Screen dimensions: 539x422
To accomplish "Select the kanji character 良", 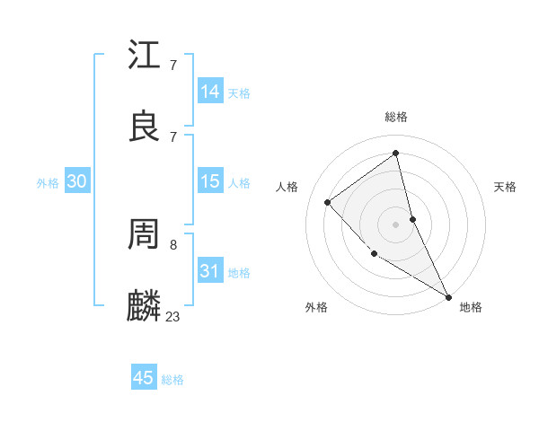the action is tap(145, 127).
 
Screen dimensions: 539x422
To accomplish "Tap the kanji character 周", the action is tap(145, 235).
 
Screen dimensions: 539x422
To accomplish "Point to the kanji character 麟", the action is tap(145, 306).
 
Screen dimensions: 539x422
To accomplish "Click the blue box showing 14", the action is tap(210, 92).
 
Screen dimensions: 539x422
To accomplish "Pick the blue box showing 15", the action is tap(210, 181).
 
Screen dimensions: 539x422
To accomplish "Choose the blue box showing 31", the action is tap(210, 271).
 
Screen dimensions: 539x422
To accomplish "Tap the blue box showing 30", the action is tap(77, 181).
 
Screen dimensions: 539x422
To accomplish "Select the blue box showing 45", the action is tap(144, 378).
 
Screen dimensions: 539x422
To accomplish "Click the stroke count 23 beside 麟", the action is tap(172, 316).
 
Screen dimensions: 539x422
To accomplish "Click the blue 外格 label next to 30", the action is tap(48, 183).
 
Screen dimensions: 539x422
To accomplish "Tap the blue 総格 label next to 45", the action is tap(172, 380).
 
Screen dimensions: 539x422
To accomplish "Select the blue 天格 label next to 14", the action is tap(239, 93).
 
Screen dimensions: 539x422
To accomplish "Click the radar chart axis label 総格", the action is tap(396, 117).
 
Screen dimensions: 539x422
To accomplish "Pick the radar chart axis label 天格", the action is tap(505, 187).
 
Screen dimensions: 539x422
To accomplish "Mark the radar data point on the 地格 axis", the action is tap(448, 295).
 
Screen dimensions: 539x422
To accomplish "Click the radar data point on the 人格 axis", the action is tap(328, 202).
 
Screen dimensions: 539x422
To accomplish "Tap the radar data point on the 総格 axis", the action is tap(396, 153).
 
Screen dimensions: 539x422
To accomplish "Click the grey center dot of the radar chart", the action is tap(396, 224).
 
